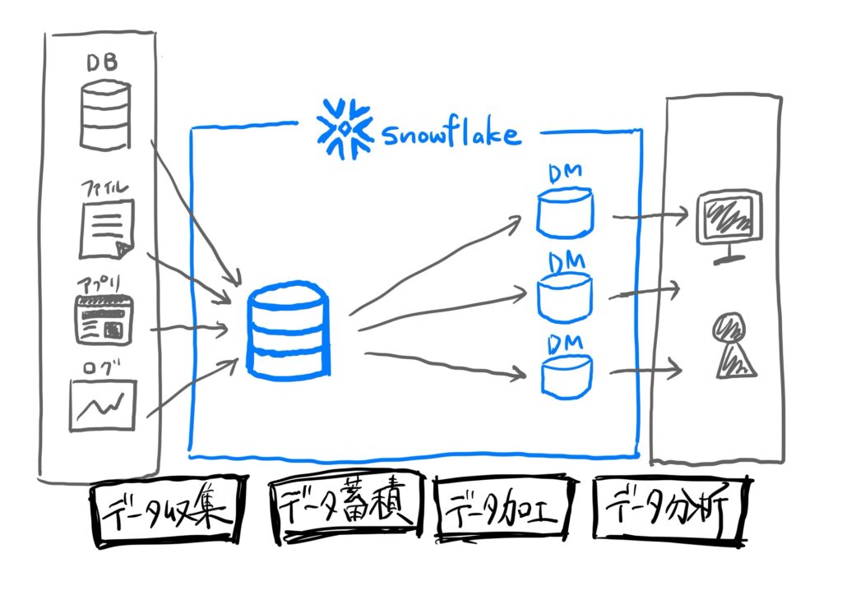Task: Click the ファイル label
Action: pyautogui.click(x=104, y=188)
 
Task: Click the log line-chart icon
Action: pyautogui.click(x=102, y=404)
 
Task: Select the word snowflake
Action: pyautogui.click(x=451, y=133)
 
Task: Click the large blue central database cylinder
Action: pyautogui.click(x=289, y=331)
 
